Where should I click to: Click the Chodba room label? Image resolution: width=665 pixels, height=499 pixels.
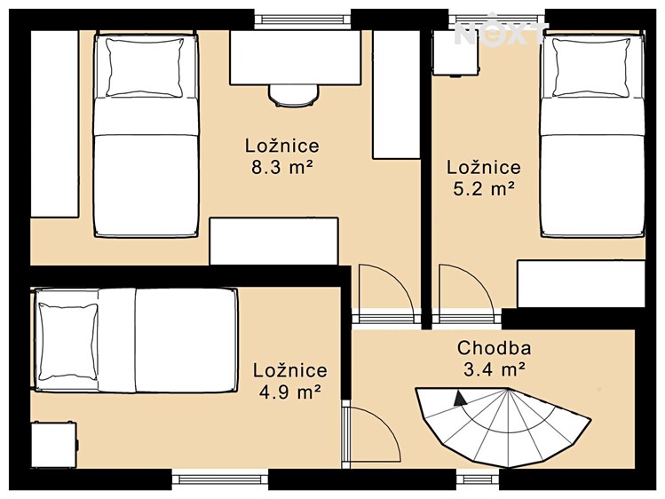click(x=494, y=348)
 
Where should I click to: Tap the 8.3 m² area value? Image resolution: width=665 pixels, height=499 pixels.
click(x=282, y=168)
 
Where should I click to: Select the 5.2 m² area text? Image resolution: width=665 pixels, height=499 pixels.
click(x=484, y=189)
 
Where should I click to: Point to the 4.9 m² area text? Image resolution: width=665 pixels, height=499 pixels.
click(x=289, y=392)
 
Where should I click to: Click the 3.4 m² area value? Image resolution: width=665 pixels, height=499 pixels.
click(x=494, y=369)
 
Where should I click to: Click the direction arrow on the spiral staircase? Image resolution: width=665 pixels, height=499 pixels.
click(x=459, y=399)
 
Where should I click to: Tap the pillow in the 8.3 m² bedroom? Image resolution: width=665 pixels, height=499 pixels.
click(x=145, y=67)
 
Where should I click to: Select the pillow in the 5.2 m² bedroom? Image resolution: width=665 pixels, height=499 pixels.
click(x=591, y=67)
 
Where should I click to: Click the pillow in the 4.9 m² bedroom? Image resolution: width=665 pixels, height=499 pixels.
click(x=67, y=341)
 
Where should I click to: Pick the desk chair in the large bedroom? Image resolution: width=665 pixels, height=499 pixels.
click(x=294, y=96)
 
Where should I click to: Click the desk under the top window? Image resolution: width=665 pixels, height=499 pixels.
click(x=295, y=57)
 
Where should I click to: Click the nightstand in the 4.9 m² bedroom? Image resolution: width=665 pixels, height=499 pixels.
click(x=54, y=444)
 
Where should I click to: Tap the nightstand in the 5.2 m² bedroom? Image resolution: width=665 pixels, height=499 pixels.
click(x=455, y=54)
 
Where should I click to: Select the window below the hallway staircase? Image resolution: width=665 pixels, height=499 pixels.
click(x=478, y=479)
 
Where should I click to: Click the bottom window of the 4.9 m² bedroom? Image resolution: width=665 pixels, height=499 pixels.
click(x=219, y=479)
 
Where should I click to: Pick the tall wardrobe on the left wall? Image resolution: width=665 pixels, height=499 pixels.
click(x=55, y=123)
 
